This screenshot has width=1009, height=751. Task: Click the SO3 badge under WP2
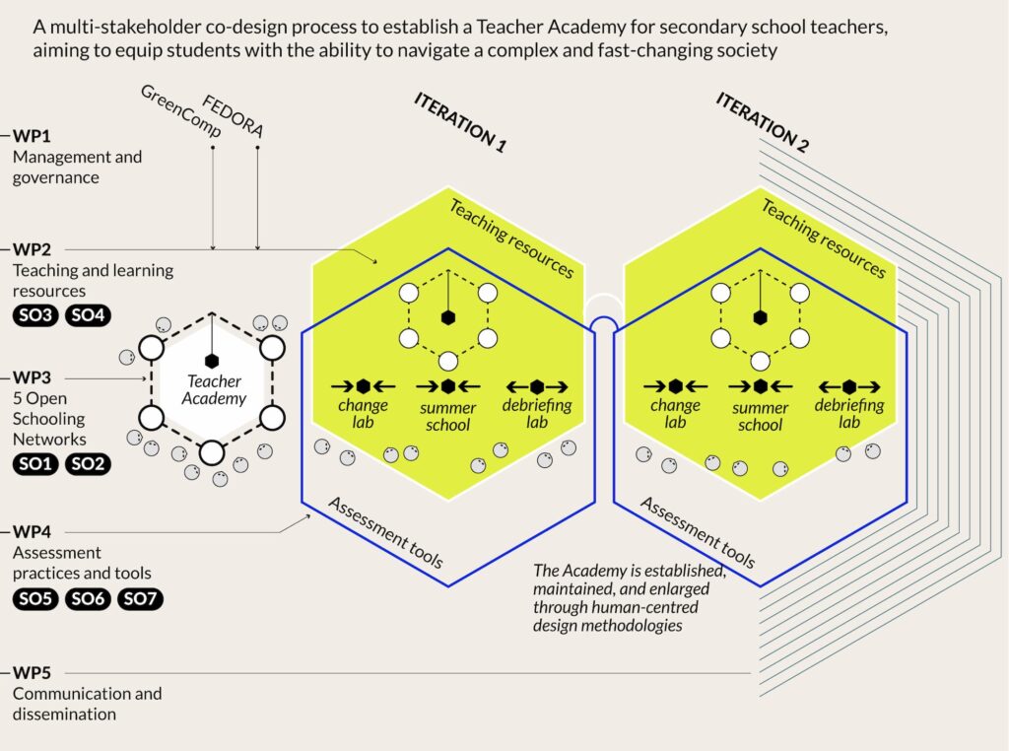point(36,316)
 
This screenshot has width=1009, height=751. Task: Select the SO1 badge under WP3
point(36,464)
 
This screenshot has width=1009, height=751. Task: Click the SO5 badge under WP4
point(36,598)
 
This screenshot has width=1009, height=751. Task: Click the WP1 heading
point(32,136)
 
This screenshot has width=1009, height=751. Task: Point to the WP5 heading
point(32,673)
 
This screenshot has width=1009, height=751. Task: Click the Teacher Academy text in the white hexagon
point(212,390)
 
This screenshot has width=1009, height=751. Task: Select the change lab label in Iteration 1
point(363,414)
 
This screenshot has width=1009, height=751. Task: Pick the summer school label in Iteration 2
point(760,417)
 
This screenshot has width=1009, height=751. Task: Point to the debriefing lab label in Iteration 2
point(848,414)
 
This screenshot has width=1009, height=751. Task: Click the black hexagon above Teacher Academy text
point(211,361)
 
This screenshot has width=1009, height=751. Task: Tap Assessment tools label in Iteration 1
point(385,533)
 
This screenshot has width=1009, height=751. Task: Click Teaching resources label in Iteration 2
point(824,238)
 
